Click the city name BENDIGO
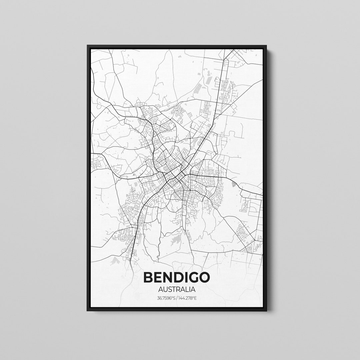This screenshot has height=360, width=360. point(177,277)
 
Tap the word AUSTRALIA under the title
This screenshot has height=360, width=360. point(177,290)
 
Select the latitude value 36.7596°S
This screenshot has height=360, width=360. point(166,298)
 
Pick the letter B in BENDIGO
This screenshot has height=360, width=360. point(149,277)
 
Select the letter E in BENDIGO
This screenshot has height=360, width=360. point(158,277)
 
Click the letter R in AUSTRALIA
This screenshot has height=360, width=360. point(179,290)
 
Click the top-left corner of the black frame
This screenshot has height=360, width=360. point(88,46)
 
